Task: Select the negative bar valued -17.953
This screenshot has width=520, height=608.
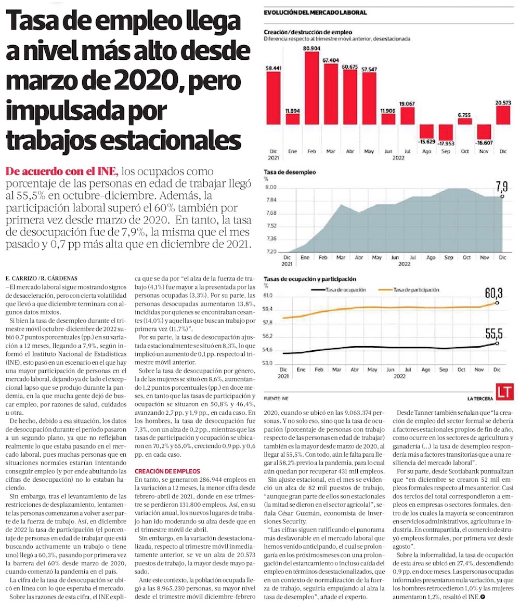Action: [x=446, y=131]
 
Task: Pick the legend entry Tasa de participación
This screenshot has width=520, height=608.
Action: [x=416, y=289]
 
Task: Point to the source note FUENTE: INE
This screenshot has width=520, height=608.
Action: [x=276, y=399]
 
